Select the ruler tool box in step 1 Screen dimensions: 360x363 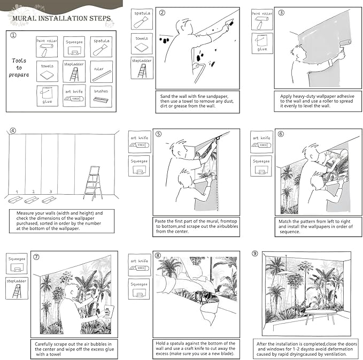[101, 72]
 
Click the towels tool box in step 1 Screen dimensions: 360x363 [47, 72]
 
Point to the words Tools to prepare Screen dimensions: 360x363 [19, 67]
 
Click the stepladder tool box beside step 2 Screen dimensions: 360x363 [142, 68]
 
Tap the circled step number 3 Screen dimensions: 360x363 [281, 13]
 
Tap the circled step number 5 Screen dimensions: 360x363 [158, 134]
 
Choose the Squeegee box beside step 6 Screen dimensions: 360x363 [261, 165]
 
